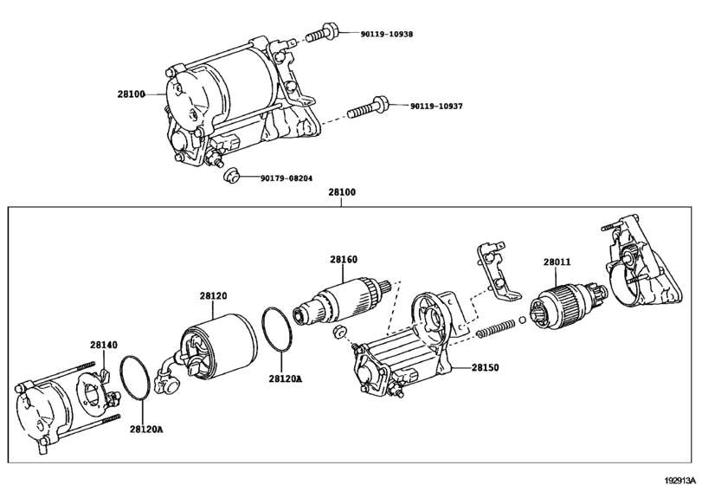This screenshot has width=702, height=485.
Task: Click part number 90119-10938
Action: coord(387,34)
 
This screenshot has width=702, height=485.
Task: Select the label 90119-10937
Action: coord(436,107)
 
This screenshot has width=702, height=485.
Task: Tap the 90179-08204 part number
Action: coord(287,178)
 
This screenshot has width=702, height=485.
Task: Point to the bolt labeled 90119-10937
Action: coord(368,108)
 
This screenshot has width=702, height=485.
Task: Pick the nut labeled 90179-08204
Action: coord(231,175)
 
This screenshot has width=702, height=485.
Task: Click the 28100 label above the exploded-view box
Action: coord(342,192)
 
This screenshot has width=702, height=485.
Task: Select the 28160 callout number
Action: coord(344,260)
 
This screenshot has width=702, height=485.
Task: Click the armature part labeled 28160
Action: coord(343,300)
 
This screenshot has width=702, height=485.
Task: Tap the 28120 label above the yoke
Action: coord(213,296)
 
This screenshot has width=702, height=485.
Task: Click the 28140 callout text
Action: coord(104,345)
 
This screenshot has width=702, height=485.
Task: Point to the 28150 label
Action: coord(485,368)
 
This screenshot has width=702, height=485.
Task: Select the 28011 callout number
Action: coord(557,262)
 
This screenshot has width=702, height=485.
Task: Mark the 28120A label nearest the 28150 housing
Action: coord(285,378)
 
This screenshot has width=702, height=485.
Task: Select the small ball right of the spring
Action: coord(523,320)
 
